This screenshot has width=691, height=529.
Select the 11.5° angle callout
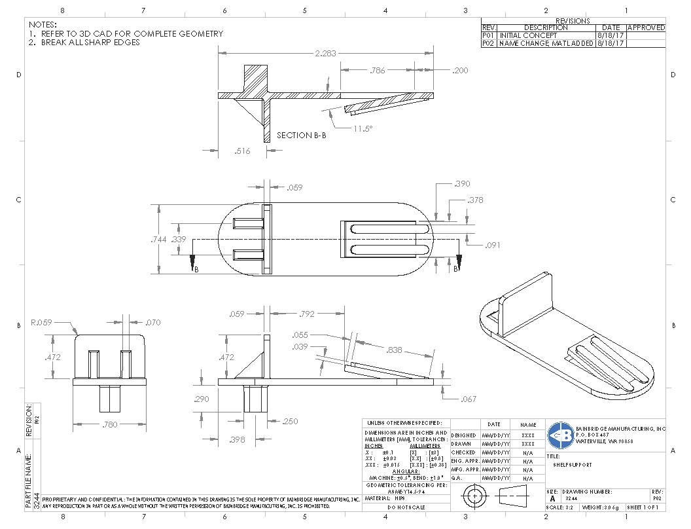[363, 129]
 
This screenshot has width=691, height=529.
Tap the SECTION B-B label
[303, 136]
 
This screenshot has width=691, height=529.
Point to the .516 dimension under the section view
[242, 151]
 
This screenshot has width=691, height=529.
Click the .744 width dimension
[158, 240]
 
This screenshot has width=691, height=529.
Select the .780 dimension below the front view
[109, 425]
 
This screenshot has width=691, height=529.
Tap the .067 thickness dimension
[468, 399]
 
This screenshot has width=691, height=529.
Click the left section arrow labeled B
[194, 263]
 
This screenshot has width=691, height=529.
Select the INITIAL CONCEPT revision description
[528, 35]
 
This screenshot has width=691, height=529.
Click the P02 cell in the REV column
[489, 43]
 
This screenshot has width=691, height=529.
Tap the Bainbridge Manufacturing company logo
[560, 434]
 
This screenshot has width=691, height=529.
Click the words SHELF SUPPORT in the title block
[571, 465]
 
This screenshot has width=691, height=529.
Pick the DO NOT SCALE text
[406, 507]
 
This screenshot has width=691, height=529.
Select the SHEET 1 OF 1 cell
[645, 507]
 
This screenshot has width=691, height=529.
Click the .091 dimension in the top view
[493, 246]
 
